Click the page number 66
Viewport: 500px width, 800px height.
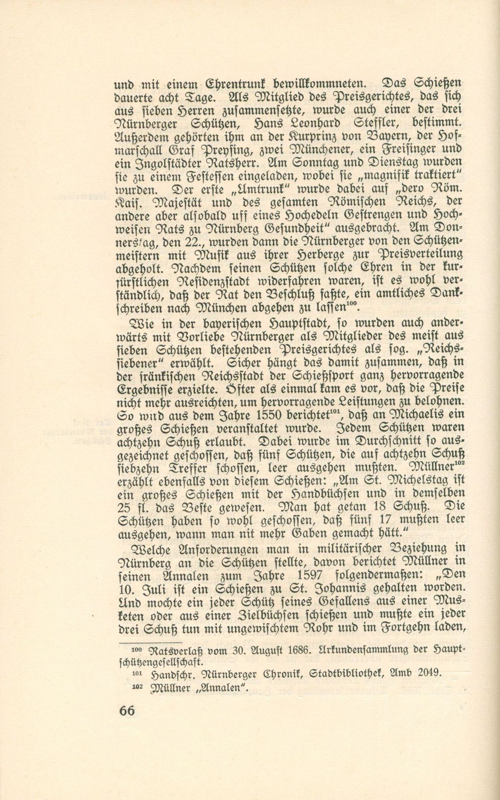point(127,710)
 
